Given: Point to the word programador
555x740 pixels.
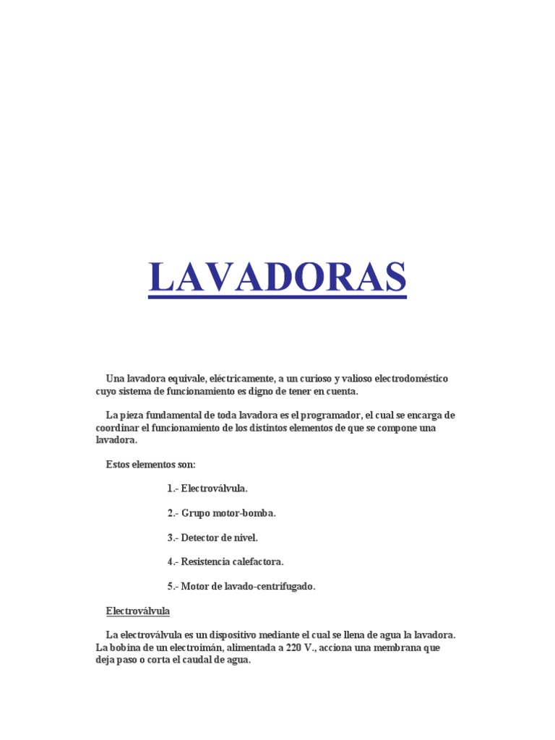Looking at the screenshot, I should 331,416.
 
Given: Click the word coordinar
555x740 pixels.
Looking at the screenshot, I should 119,428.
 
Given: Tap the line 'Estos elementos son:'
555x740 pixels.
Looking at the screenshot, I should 150,464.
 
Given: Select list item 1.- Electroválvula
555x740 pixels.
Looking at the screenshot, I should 207,489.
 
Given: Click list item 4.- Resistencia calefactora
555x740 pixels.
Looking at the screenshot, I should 225,562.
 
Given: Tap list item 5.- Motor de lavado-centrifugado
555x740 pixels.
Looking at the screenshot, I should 241,586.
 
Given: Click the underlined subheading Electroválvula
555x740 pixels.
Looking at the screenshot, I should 137,611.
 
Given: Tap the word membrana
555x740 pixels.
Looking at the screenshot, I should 397,647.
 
